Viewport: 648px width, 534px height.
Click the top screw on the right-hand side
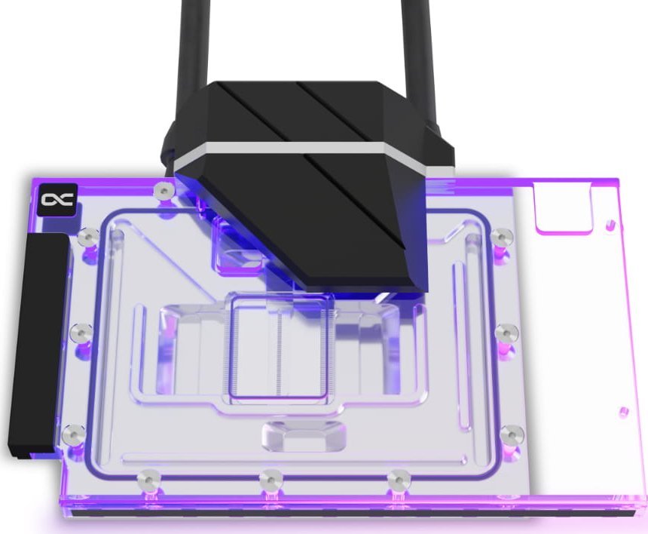(497, 238)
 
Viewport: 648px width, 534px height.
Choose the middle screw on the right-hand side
(506, 331)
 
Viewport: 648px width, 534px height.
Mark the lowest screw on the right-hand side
(515, 434)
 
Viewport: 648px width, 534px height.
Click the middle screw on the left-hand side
(79, 332)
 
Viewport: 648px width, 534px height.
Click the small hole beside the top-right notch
(609, 225)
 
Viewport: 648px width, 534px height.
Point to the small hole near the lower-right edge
(622, 412)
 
